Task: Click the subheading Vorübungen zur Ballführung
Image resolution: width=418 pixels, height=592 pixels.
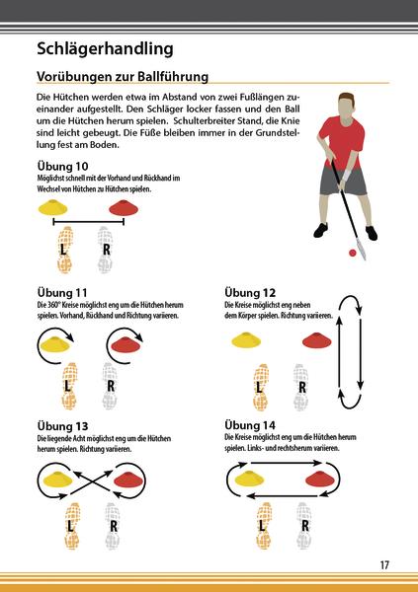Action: [x=122, y=76]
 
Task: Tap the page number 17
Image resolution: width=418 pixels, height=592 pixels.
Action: [x=384, y=564]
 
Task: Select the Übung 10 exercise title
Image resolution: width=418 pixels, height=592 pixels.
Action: [x=62, y=165]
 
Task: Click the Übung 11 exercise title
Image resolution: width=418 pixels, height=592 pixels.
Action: [x=62, y=293]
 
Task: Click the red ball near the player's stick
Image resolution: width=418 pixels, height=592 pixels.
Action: [x=352, y=254]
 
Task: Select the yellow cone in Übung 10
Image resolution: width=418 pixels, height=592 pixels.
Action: [x=52, y=207]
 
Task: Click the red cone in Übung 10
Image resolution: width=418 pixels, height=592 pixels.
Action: [x=121, y=207]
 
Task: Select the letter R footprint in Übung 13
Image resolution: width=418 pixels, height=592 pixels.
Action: [x=113, y=524]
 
